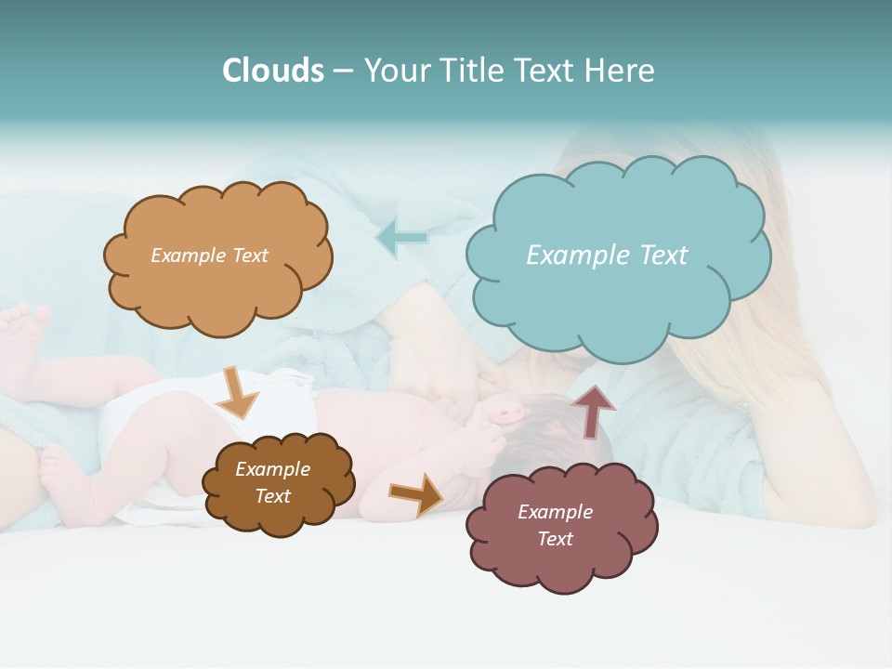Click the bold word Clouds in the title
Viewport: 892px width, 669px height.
[x=273, y=71]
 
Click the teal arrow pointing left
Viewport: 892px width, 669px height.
[x=402, y=238]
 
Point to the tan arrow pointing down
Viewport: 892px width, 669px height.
[x=237, y=394]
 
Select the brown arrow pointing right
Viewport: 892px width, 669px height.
[x=416, y=493]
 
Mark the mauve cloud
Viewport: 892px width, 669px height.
[x=560, y=528]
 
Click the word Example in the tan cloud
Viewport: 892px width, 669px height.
[x=187, y=256]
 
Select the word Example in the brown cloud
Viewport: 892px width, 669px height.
[x=273, y=469]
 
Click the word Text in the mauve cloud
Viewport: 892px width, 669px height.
[x=556, y=539]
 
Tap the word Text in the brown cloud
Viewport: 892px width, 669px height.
[x=273, y=496]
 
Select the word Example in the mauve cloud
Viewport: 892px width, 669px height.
[x=556, y=512]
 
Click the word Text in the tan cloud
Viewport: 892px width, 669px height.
[x=248, y=256]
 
